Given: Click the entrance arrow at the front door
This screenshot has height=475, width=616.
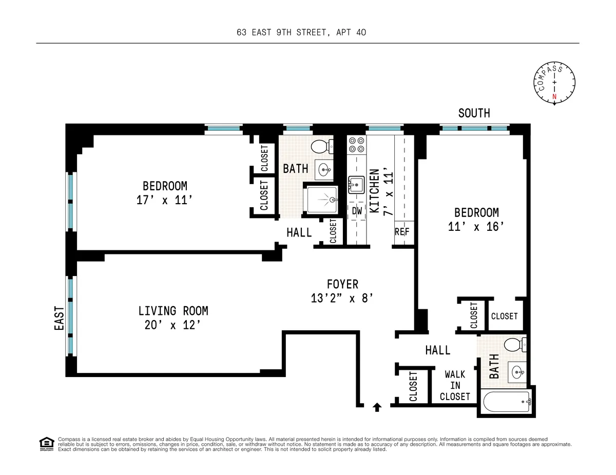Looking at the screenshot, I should (x=377, y=407).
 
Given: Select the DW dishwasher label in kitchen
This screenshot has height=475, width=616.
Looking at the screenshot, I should (x=357, y=211).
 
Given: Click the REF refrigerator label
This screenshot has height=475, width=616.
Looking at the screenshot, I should (x=402, y=231).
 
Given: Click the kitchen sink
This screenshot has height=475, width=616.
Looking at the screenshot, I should (x=356, y=184).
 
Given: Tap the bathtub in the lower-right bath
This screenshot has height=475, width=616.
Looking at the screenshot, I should (x=506, y=402).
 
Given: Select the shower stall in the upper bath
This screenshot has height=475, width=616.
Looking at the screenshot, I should (x=322, y=199).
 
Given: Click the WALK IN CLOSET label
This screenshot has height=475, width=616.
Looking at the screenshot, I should (x=455, y=385).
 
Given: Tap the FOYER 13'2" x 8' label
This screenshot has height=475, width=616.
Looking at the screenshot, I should (x=342, y=291).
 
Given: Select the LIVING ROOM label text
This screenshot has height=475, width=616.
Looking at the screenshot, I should (x=173, y=311).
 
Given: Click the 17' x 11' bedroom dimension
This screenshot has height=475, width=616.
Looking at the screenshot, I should (x=165, y=200).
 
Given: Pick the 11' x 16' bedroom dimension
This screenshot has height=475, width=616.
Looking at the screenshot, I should (x=476, y=226).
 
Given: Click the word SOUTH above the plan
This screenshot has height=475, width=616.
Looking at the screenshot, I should (x=474, y=113).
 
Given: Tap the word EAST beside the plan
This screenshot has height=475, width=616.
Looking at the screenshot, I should (x=59, y=318).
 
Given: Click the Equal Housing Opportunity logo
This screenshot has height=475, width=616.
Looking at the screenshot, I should (x=47, y=444).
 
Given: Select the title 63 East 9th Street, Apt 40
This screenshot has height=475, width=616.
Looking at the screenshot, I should (x=301, y=33).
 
